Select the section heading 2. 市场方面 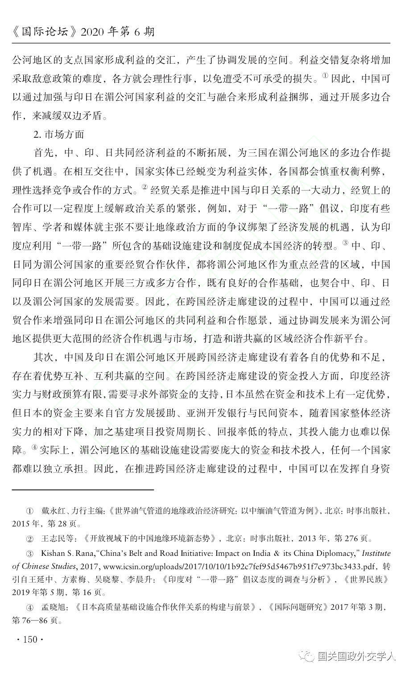[59, 134]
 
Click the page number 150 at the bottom [30, 640]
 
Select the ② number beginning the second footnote [30, 538]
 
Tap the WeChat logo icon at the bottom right [307, 657]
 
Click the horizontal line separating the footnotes [83, 489]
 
